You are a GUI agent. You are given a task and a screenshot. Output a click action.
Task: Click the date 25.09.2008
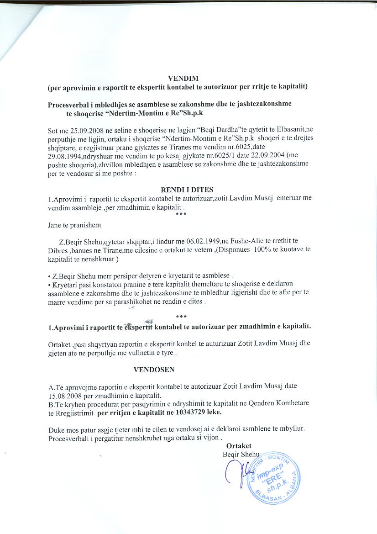pos(82,130)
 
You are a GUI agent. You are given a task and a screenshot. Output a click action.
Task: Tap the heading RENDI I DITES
pos(187,190)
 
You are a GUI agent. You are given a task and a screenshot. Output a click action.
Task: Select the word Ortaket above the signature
pos(239,446)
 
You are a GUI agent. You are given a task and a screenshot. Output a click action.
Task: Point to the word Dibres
pos(58,249)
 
